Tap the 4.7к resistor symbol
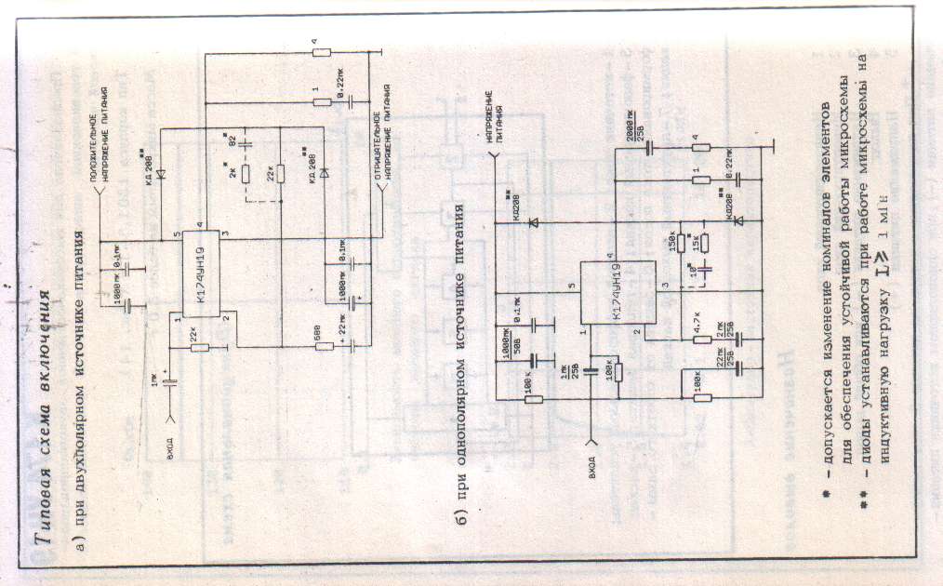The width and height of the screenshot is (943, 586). pyautogui.click(x=704, y=339)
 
